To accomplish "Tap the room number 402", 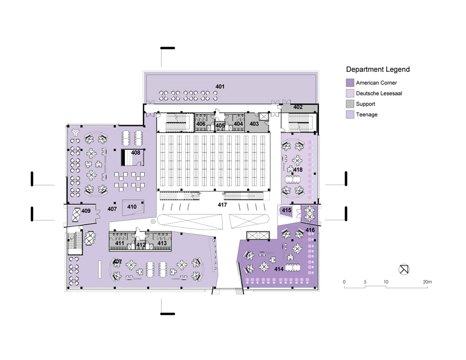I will click(298, 107).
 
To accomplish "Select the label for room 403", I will click(254, 124).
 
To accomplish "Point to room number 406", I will click(201, 124).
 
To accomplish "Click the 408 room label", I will click(136, 153).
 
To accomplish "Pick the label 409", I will click(85, 211).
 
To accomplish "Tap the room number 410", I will click(132, 207).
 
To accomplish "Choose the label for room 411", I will click(120, 243).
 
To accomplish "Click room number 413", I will click(162, 243).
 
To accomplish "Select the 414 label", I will click(279, 268).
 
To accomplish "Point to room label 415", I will click(287, 211).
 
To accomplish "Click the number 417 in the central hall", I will click(222, 204).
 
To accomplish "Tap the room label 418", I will click(298, 170).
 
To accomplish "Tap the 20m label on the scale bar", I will click(427, 282).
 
